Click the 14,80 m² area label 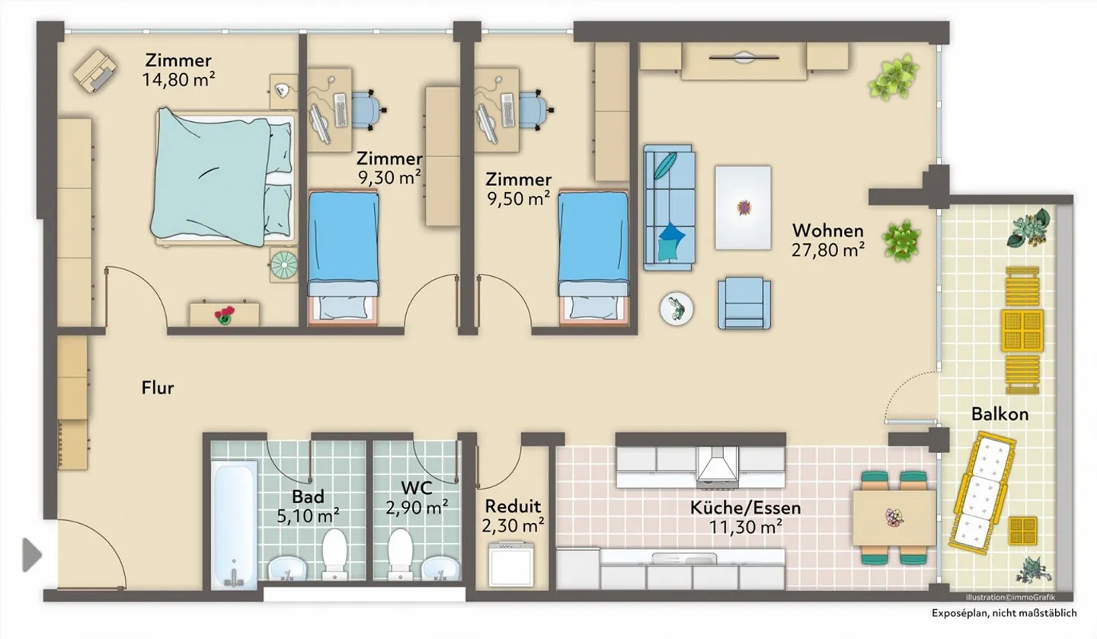(x=179, y=79)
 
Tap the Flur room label (x=158, y=387)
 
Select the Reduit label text (x=513, y=506)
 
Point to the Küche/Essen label (x=745, y=508)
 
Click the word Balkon (x=1000, y=414)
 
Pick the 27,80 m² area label (x=827, y=250)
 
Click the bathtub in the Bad (x=234, y=525)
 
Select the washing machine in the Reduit (x=510, y=564)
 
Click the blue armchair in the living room (x=744, y=303)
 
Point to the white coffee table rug (x=743, y=207)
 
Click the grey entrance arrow (x=32, y=554)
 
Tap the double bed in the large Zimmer (x=224, y=177)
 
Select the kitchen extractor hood (x=718, y=463)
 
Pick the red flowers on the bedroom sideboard (x=224, y=315)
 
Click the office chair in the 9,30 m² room (x=367, y=111)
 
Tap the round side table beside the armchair (x=676, y=309)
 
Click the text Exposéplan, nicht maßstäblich (x=1004, y=613)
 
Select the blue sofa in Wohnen (x=670, y=207)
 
